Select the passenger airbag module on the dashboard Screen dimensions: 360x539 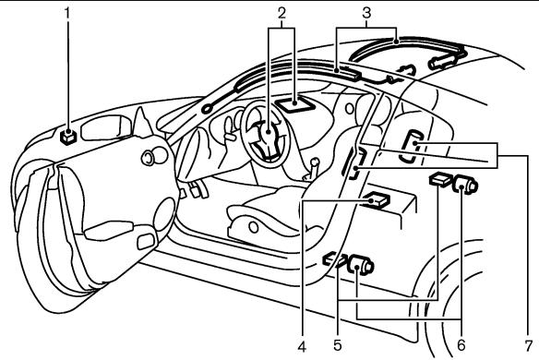click(x=298, y=104)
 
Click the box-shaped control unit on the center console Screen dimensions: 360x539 click(x=376, y=200)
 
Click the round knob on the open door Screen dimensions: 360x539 click(x=147, y=159)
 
